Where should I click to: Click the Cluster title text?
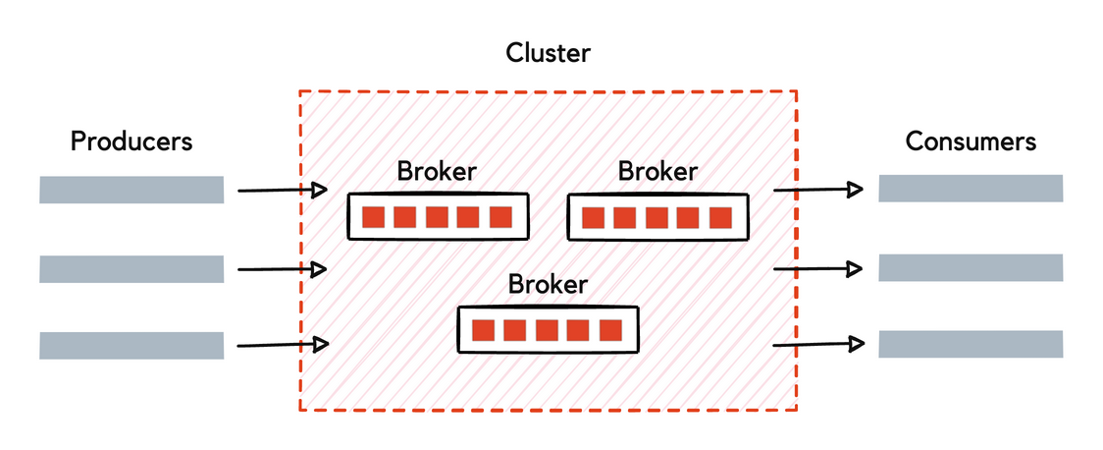548,52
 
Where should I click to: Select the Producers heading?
131,141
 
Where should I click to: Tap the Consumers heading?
971,141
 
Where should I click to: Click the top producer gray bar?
131,190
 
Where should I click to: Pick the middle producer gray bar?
131,268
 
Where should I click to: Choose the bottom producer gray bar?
131,345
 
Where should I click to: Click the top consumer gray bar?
971,188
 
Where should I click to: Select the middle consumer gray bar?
971,267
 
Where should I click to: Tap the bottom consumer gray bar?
971,344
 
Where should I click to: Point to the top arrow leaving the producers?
283,190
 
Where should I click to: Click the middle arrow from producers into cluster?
283,268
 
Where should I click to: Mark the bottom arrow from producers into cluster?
283,344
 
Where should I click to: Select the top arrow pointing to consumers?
818,189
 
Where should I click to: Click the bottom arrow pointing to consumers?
818,344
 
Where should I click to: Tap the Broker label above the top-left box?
437,171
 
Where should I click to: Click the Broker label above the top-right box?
657,171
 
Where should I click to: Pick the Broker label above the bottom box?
548,285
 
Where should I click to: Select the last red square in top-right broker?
720,217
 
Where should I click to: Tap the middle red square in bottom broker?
548,330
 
